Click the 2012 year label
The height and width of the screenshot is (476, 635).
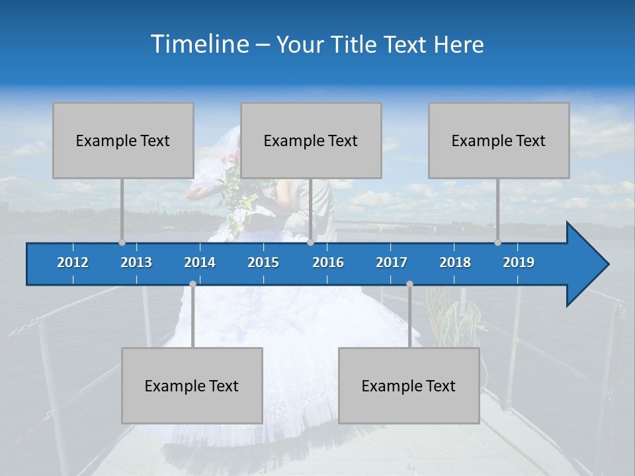73,262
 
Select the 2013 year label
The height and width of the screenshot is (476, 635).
136,262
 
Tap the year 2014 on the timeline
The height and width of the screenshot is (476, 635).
200,262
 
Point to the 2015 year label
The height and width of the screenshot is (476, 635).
263,262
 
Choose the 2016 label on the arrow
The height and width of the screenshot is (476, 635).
328,262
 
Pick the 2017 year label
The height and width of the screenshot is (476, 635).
392,262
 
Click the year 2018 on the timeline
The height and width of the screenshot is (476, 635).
455,262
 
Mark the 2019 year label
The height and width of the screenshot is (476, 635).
519,262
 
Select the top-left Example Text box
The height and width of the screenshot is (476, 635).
123,141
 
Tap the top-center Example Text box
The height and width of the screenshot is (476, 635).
311,141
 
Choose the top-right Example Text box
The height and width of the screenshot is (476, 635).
499,141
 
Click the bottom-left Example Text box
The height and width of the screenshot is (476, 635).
192,386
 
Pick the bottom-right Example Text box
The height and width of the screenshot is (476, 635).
409,386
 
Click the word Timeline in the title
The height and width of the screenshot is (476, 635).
199,44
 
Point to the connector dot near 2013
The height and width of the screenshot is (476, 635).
122,243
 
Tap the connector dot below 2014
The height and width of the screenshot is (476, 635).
192,284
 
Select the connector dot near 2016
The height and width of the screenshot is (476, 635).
311,243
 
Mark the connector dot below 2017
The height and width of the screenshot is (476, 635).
409,284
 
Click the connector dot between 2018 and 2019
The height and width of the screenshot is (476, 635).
498,243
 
